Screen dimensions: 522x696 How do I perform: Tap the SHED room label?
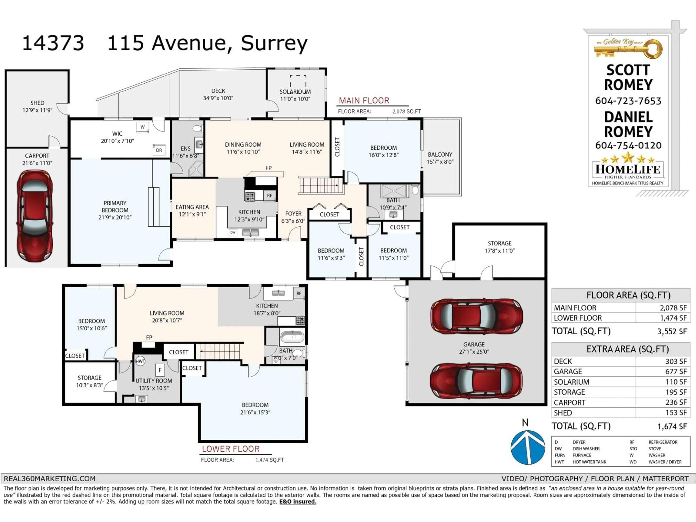coord(37,103)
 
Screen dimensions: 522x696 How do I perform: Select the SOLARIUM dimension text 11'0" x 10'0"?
coord(295,99)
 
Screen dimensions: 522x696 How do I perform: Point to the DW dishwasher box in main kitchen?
coord(233,233)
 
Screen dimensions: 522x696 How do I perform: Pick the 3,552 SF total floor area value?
coord(672,331)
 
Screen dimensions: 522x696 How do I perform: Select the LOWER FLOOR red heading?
coord(231,449)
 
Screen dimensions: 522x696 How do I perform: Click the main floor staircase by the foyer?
coord(319,185)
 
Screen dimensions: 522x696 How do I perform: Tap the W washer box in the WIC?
coord(142,127)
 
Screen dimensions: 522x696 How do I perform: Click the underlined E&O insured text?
coord(297,502)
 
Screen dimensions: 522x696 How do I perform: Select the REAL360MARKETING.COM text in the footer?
coord(49,478)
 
